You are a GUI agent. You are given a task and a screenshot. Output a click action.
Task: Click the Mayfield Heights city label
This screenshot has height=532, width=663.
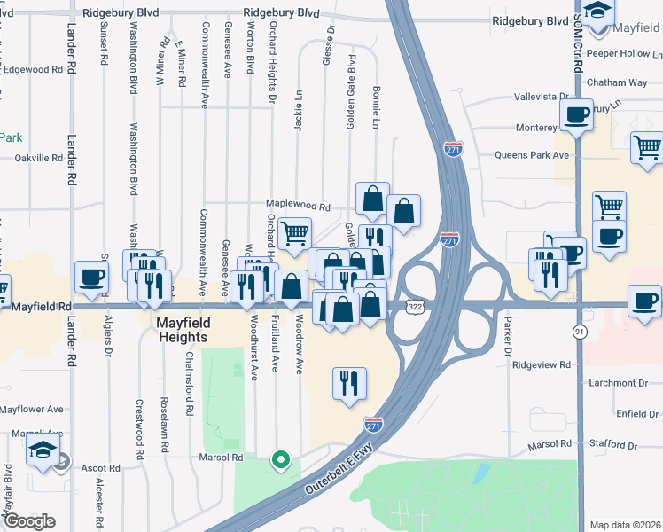(183, 330)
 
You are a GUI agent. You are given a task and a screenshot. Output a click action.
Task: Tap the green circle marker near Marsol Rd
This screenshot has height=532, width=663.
(281, 459)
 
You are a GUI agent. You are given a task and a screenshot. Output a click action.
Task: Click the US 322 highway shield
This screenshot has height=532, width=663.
(415, 305)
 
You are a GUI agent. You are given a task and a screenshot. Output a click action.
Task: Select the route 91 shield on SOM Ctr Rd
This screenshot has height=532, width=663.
(580, 331)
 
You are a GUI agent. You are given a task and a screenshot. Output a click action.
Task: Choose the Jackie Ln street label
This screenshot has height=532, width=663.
(299, 121)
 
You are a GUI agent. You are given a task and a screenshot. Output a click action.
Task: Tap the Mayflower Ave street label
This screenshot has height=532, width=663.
(32, 410)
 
